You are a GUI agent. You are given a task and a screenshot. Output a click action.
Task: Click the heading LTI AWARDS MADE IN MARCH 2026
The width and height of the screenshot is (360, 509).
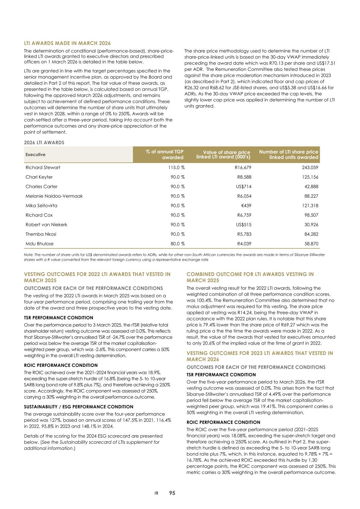[x=67, y=43]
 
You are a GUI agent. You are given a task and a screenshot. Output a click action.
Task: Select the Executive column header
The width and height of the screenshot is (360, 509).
[x=35, y=155]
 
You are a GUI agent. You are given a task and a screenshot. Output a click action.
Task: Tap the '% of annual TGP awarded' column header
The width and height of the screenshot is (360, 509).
[x=165, y=154]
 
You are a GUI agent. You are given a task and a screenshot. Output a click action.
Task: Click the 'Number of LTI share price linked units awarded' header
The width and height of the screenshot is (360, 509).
[x=288, y=154]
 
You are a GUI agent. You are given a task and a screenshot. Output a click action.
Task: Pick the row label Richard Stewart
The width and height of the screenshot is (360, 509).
[x=43, y=167]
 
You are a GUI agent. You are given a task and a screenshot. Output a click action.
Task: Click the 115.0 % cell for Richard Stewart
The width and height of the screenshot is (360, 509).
[x=176, y=167]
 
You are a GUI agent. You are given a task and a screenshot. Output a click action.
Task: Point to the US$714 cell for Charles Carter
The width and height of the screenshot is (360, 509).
[x=244, y=186]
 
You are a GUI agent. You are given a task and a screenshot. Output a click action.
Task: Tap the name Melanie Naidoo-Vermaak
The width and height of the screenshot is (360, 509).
[x=54, y=196]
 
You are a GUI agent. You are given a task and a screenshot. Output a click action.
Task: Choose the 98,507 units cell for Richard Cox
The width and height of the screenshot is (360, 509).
[x=310, y=215]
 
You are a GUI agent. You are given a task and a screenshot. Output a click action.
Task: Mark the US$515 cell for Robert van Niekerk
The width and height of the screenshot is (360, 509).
[x=244, y=224]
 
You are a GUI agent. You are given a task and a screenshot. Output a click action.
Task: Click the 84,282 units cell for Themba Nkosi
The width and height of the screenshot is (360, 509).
[x=310, y=234]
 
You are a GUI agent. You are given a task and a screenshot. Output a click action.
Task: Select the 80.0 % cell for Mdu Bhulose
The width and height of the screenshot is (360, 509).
[x=178, y=243]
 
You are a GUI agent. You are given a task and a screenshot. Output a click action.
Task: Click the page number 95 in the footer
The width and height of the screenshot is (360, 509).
[x=172, y=493]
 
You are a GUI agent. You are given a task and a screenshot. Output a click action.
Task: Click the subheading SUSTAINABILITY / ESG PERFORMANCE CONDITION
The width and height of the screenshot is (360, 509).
[x=78, y=407]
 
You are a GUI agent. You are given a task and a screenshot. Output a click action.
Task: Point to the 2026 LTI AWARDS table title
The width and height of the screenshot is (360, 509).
[x=44, y=142]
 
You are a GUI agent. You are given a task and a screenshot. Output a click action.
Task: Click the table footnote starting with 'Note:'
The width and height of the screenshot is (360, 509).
[x=174, y=257]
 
